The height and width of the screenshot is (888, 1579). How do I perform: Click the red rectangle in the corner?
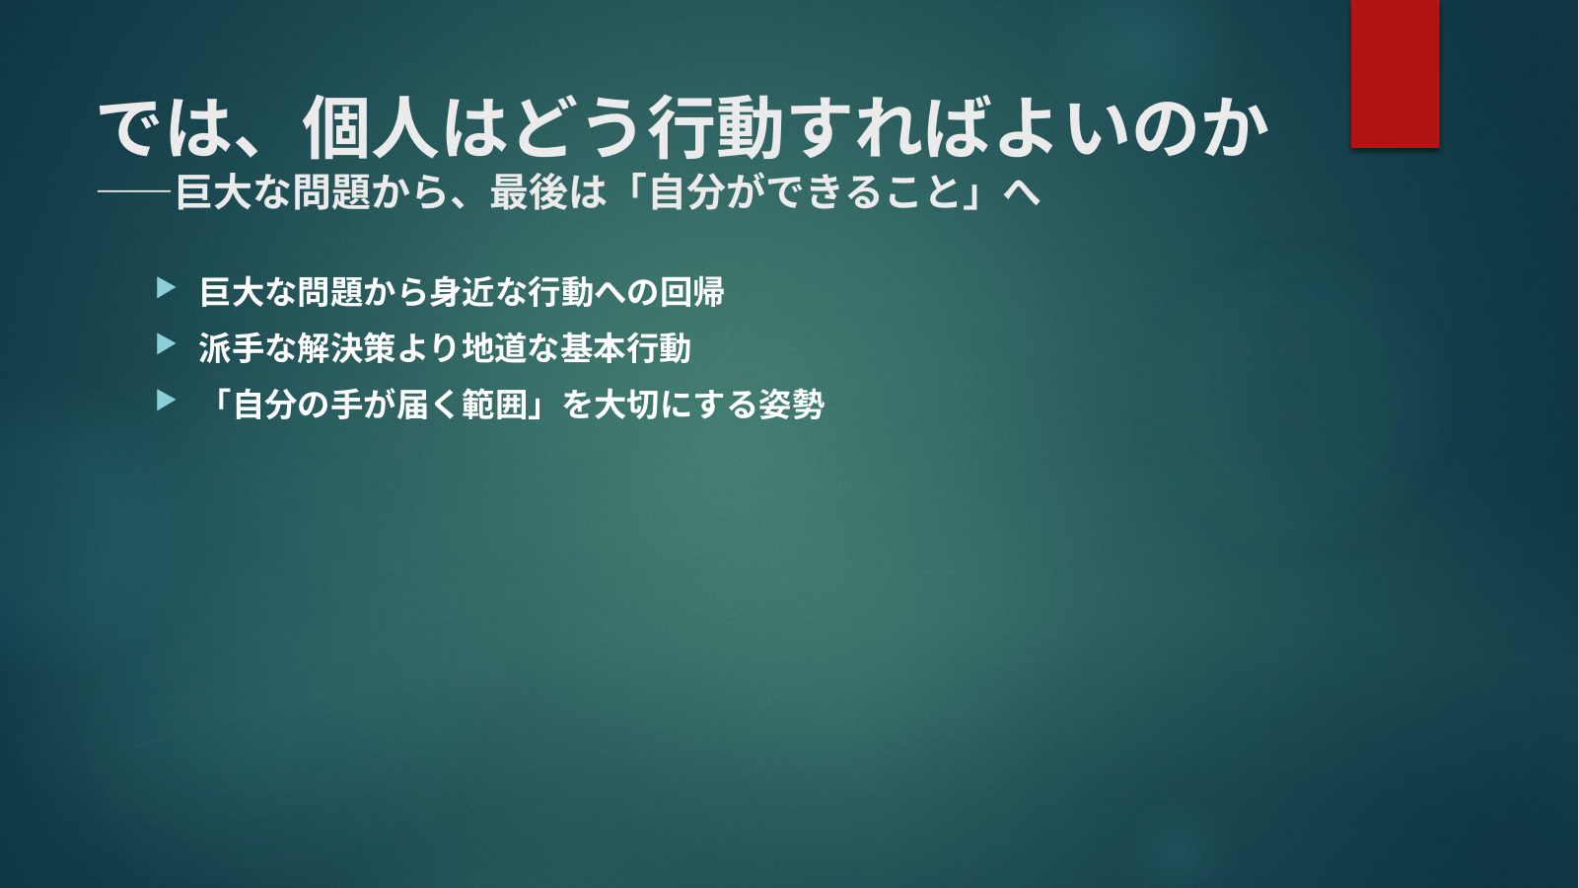(x=1395, y=73)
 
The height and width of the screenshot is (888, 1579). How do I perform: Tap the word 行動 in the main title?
(x=715, y=128)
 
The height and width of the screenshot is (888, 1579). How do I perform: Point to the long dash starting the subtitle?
(x=135, y=191)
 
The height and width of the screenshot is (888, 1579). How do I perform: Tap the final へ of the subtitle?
(x=1022, y=192)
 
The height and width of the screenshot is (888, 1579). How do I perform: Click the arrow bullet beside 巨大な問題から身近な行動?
(x=166, y=288)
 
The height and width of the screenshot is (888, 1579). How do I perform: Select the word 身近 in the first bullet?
(x=462, y=291)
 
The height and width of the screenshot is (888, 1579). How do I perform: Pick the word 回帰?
(x=691, y=291)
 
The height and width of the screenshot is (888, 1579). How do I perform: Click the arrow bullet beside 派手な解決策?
(x=166, y=344)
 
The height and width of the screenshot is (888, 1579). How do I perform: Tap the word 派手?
(x=231, y=347)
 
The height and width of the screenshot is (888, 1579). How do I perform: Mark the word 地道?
(x=494, y=347)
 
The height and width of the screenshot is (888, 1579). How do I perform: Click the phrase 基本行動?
(x=625, y=347)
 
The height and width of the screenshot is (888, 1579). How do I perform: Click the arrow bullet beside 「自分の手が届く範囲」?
(x=166, y=401)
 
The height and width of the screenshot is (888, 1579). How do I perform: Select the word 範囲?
(x=495, y=405)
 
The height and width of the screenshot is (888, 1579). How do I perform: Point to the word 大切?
(x=626, y=405)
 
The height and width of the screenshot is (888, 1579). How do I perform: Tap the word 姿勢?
(x=791, y=405)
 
